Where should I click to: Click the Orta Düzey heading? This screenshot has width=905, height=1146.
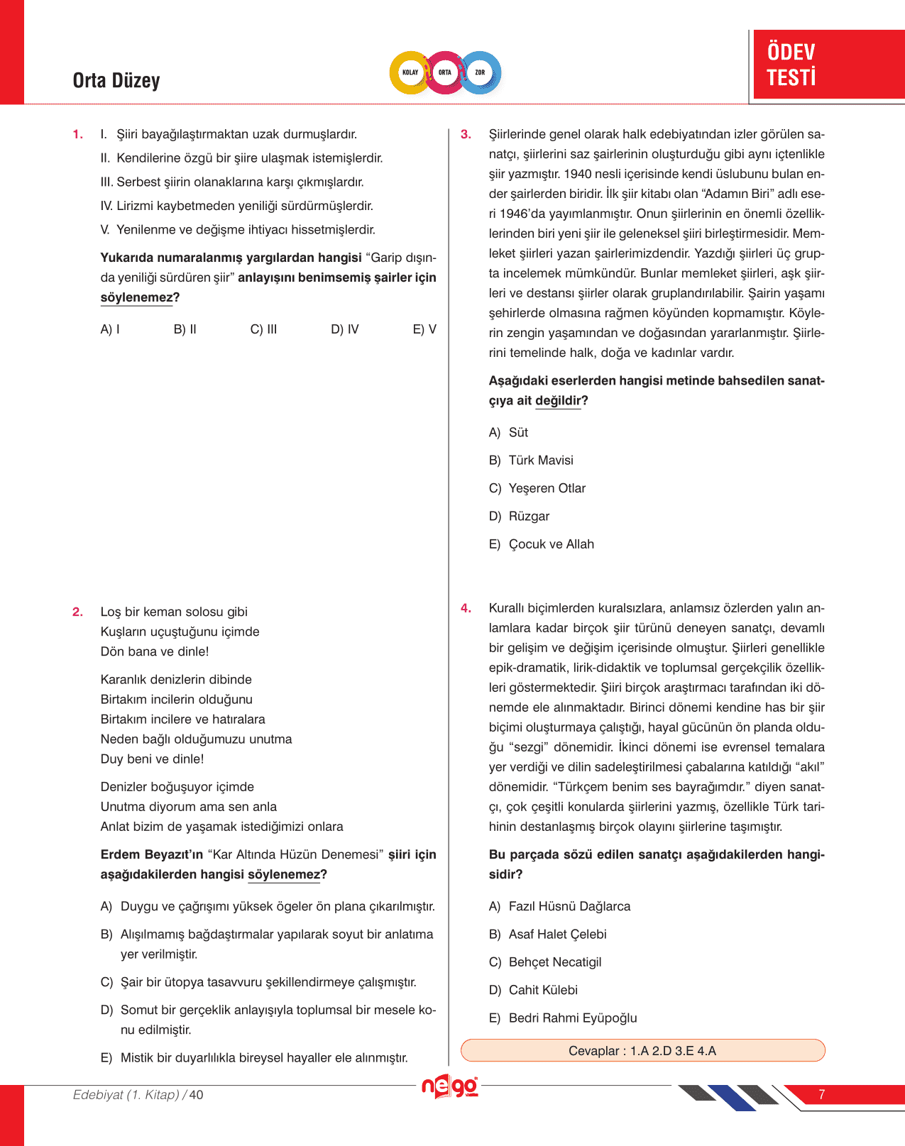[116, 80]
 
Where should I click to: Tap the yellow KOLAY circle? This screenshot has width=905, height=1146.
[410, 72]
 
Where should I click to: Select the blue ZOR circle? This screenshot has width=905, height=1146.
[480, 72]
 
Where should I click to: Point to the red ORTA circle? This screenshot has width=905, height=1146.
[445, 72]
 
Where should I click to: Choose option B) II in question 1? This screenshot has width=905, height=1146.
[185, 329]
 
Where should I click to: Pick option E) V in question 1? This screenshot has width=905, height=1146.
[424, 329]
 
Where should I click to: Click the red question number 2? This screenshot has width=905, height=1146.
[78, 612]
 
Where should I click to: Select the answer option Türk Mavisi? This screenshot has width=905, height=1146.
[540, 461]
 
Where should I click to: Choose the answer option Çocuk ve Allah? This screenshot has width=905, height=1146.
[551, 544]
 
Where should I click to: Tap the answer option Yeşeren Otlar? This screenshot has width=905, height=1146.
[547, 488]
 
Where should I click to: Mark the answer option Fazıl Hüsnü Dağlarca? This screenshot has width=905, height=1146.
[569, 906]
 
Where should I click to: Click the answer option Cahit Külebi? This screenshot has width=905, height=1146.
[543, 990]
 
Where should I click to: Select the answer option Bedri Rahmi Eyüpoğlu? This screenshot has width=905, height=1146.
[572, 1018]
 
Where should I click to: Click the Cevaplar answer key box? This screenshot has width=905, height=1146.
[642, 1051]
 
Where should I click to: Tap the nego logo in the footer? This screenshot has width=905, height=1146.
[449, 1086]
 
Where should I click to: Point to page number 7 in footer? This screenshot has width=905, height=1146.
[821, 1094]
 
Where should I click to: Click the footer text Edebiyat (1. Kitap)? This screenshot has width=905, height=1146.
[126, 1095]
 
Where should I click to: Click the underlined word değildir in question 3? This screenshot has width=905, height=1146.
[558, 401]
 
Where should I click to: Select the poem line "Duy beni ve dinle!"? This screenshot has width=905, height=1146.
[153, 759]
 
